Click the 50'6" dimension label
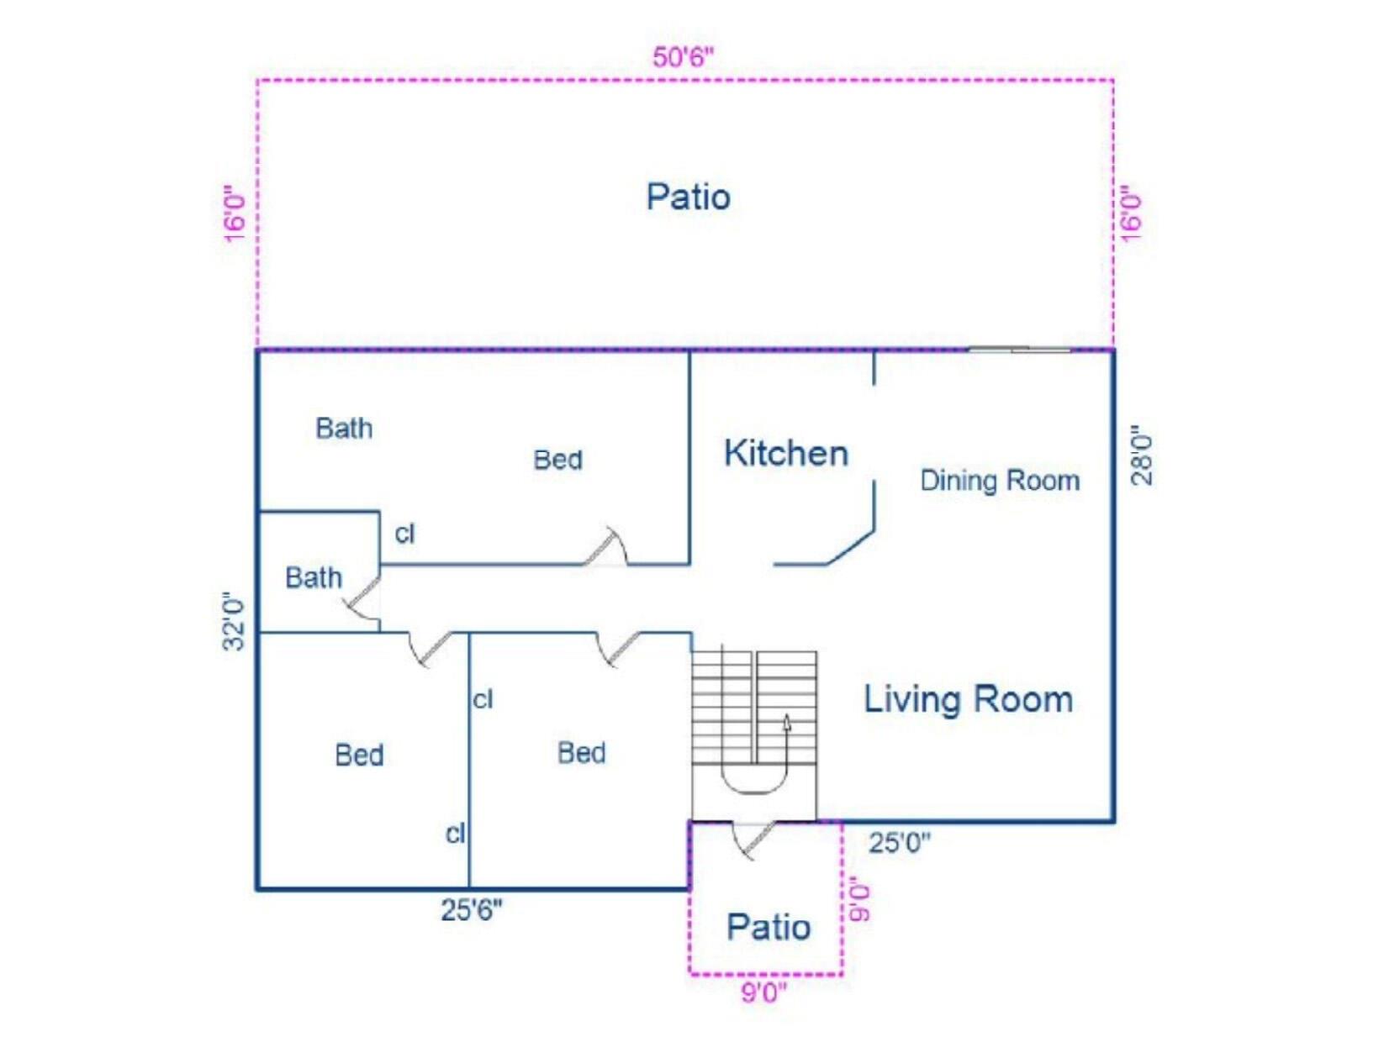tap(683, 57)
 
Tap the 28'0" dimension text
tap(1142, 455)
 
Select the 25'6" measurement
tap(471, 908)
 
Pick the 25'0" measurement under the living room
tap(899, 842)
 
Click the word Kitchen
tap(785, 454)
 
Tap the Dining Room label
tap(999, 481)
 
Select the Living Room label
tap(968, 699)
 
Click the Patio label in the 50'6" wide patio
tap(688, 197)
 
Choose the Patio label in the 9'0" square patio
tap(768, 927)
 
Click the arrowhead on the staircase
tap(787, 722)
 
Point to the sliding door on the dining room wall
tap(1019, 349)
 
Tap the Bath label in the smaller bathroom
tap(314, 577)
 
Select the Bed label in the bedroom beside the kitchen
tap(557, 460)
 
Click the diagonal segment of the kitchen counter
tap(851, 547)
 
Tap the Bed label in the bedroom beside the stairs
tap(581, 753)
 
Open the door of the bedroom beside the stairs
tap(620, 649)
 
